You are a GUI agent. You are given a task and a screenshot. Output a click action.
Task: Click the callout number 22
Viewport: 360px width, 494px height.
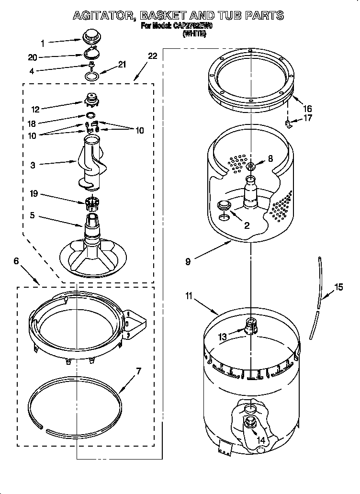[152, 56]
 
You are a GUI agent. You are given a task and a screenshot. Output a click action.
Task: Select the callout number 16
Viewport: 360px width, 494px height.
[307, 109]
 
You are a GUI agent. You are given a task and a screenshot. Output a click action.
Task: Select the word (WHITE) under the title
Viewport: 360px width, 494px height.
[194, 34]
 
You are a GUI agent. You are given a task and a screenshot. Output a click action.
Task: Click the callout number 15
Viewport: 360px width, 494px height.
[338, 287]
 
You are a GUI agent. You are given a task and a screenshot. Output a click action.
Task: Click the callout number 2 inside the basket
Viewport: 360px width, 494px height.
[247, 225]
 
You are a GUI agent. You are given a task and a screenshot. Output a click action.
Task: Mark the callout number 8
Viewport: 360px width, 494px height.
[270, 159]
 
